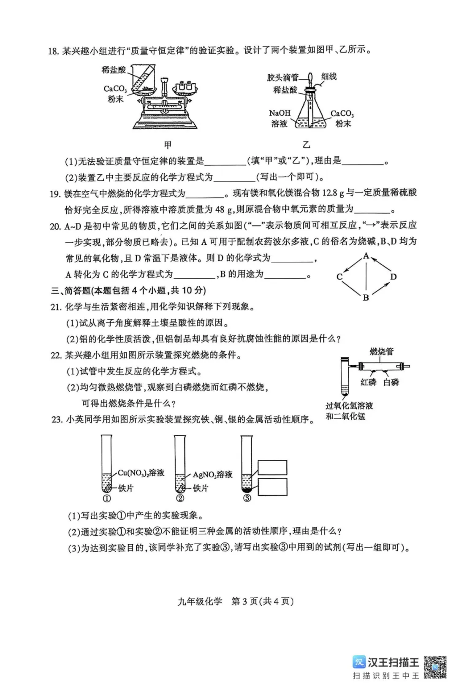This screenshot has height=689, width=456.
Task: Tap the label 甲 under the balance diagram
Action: pos(168,145)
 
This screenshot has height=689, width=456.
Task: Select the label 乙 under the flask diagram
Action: pos(306,145)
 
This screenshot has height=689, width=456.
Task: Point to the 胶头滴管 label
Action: pos(282,77)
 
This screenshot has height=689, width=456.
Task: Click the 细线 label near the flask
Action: pos(328,76)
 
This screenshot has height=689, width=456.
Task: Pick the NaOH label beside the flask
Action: pos(280,113)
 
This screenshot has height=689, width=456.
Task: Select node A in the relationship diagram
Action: pos(366,256)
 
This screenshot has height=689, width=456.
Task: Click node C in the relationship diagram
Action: pos(339,277)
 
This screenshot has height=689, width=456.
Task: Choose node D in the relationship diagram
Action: pos(394,277)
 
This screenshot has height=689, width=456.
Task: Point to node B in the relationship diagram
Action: pos(366,298)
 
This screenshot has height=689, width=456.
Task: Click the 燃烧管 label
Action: pos(381,351)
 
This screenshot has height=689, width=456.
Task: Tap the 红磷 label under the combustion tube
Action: pos(368,382)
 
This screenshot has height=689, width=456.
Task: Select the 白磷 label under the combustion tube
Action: pos(391,382)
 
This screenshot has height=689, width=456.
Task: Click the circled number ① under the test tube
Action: pos(107,498)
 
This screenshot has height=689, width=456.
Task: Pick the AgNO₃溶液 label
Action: pos(212,475)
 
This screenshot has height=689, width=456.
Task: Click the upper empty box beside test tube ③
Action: pos(272,467)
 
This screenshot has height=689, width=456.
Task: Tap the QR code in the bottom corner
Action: pos(435,667)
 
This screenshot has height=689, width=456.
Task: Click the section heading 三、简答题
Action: pos(70,290)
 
